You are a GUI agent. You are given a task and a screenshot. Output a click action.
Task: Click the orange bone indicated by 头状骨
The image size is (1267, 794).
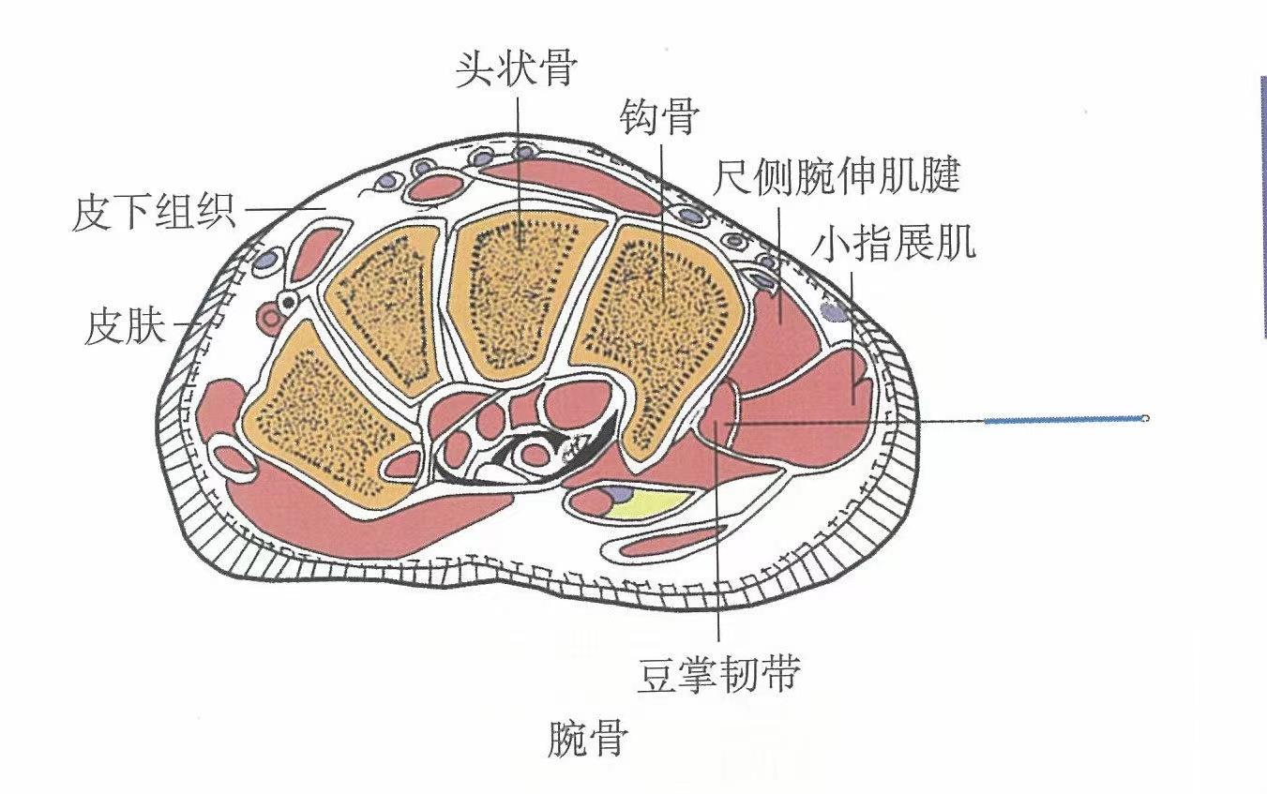pyautogui.click(x=514, y=291)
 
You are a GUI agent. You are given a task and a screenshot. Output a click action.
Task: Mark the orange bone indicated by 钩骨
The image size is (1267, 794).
pyautogui.click(x=656, y=319)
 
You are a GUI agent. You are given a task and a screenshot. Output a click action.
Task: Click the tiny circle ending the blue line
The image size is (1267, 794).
pyautogui.click(x=1145, y=418)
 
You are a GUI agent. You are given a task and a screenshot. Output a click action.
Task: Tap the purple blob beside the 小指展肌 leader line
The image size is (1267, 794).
pyautogui.click(x=831, y=309)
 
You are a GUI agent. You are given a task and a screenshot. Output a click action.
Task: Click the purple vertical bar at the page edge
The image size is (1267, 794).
pyautogui.click(x=1263, y=206)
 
